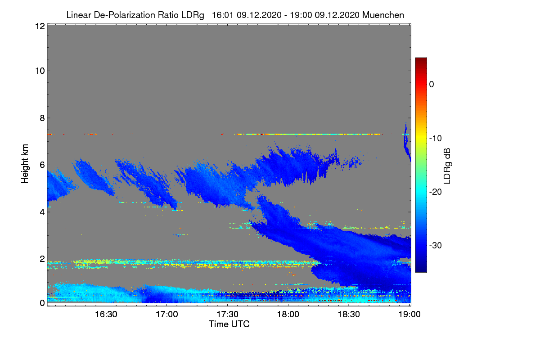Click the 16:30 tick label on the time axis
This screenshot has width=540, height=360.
click(107, 314)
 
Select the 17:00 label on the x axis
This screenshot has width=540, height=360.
click(167, 314)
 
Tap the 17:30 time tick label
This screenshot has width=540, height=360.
click(228, 314)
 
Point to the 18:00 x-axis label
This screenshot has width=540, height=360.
click(288, 314)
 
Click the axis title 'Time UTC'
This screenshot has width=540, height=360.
click(229, 324)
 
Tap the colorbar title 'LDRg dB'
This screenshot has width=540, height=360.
click(446, 166)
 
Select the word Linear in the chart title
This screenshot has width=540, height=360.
click(79, 15)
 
